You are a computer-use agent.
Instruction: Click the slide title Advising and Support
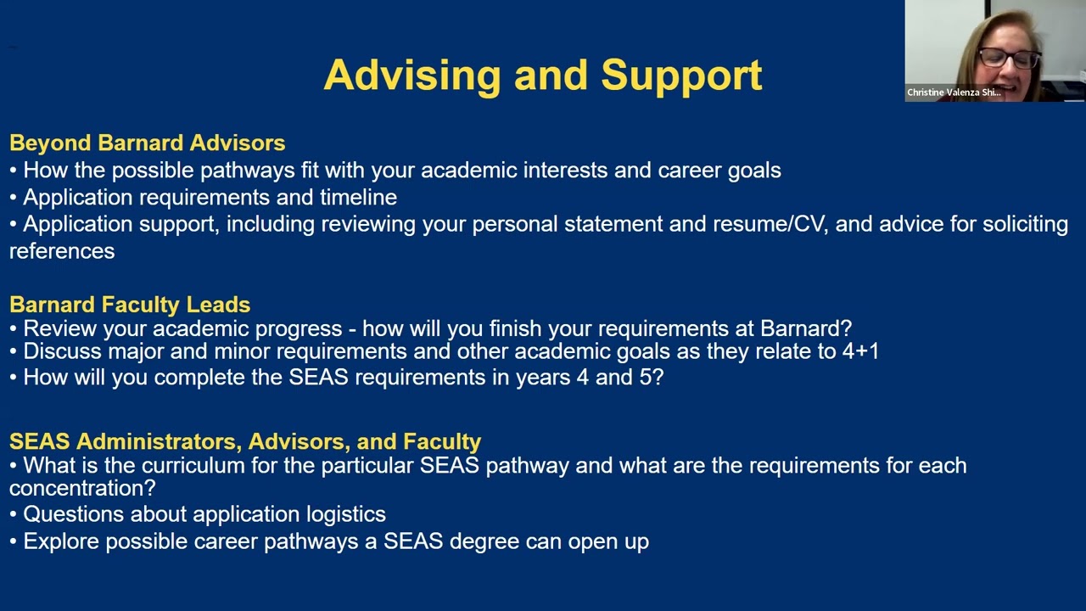coord(543,75)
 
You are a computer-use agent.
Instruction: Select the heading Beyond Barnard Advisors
coord(147,143)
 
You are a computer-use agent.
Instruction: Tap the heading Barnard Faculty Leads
coord(130,304)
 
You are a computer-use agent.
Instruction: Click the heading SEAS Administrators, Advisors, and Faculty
coord(245,441)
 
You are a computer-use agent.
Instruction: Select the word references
coord(62,251)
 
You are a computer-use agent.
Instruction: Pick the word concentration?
coord(82,489)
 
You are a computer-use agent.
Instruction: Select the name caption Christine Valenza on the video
coord(953,92)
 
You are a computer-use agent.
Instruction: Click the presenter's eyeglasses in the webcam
coord(1009,58)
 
